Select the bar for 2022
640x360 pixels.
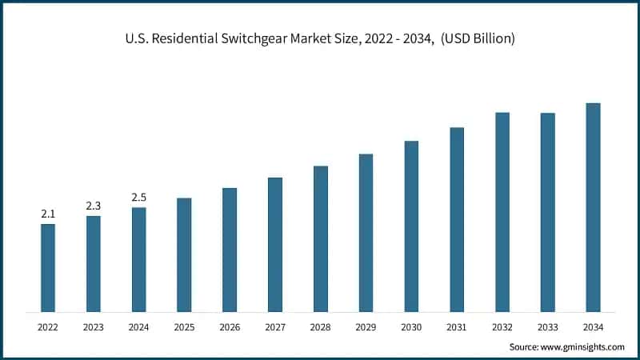click(48, 267)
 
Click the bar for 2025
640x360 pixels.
click(184, 254)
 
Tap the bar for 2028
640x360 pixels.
click(321, 238)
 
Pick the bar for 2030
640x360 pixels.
click(411, 226)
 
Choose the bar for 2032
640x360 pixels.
click(502, 211)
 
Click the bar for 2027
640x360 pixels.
click(275, 244)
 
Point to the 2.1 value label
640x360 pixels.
click(48, 214)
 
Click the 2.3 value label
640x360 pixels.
click(94, 206)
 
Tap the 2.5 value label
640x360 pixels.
click(139, 198)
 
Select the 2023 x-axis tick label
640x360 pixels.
click(94, 326)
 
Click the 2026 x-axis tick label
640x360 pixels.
click(230, 326)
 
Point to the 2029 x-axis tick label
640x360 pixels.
click(366, 326)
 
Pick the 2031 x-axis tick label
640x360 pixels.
click(457, 326)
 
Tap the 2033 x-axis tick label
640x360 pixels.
click(547, 326)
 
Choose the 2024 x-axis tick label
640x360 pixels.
click(139, 326)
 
